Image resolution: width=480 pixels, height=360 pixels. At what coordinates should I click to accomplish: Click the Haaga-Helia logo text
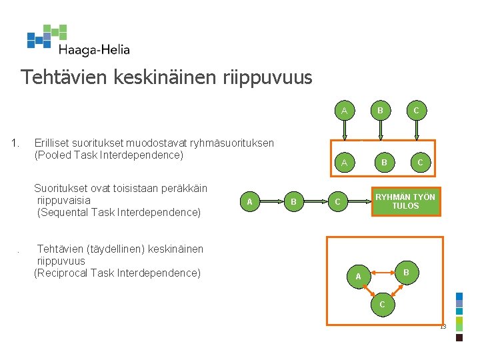tap(93, 49)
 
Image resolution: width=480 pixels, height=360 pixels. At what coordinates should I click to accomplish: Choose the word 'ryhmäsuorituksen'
tap(231, 143)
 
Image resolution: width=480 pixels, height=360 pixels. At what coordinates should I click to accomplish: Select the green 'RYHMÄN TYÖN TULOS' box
tap(405, 201)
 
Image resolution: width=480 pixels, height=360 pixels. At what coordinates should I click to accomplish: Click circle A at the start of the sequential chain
tap(249, 201)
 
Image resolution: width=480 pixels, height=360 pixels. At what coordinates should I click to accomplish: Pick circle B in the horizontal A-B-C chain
tap(293, 201)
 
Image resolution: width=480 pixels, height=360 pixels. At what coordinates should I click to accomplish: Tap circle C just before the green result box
tap(337, 201)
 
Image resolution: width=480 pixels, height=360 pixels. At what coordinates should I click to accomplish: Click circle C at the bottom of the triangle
tap(381, 305)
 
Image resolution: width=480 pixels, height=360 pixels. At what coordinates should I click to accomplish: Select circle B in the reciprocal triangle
tap(405, 272)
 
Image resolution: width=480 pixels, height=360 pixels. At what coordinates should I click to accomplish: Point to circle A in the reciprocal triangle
tap(358, 276)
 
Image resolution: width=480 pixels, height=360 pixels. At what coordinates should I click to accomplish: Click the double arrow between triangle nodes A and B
tap(381, 273)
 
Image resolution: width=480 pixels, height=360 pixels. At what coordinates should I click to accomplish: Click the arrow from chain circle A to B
tap(271, 201)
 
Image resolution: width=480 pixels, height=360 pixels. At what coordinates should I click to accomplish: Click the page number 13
tap(443, 326)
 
